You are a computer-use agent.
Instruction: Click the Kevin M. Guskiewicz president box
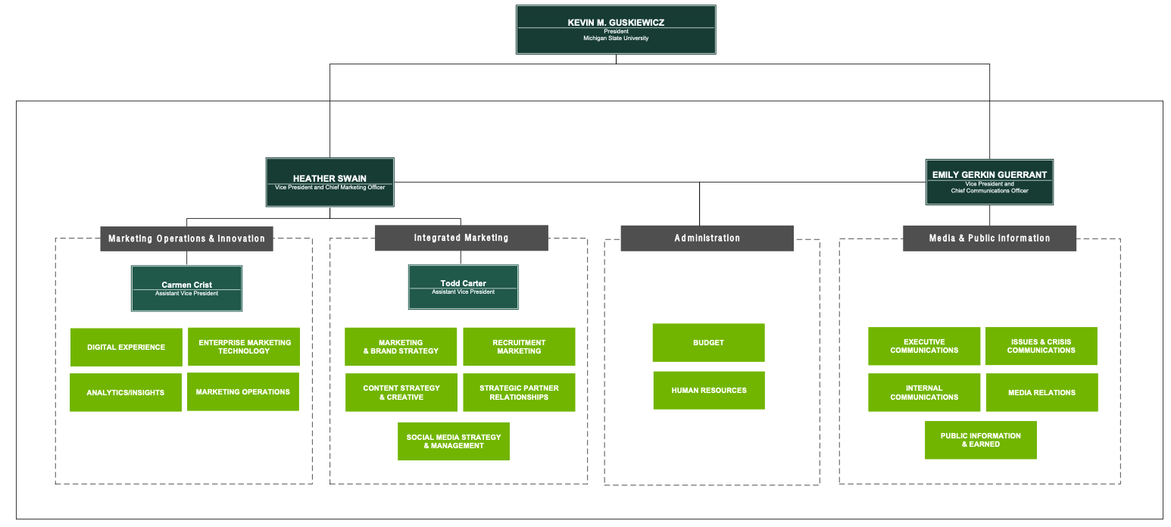coord(616,30)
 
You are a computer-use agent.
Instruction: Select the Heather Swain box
coord(329,182)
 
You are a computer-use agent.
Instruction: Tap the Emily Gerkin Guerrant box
coord(989,182)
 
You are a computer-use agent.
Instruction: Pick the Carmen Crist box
coord(186,288)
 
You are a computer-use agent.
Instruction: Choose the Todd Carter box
coord(463,286)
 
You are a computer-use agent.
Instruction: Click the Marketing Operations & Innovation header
coord(186,239)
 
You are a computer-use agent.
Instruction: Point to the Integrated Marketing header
coord(461,238)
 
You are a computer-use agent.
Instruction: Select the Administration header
coord(707,238)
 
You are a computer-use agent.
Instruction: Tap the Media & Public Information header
coord(989,238)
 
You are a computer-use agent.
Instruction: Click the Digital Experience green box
coord(126,347)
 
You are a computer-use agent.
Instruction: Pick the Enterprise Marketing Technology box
coord(244,347)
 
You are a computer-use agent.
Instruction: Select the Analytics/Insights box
coord(126,392)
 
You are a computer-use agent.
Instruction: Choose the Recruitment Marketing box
coord(519,347)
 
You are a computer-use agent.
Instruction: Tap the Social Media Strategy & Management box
coord(454,441)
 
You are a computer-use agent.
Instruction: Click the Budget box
coord(708,343)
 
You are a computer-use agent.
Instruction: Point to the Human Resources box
coord(709,391)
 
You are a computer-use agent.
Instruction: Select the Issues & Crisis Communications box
coord(1041,346)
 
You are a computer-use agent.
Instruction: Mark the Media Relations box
coord(1041,392)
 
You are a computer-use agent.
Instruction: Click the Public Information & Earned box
coord(980,440)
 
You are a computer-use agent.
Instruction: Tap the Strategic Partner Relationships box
coord(519,392)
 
